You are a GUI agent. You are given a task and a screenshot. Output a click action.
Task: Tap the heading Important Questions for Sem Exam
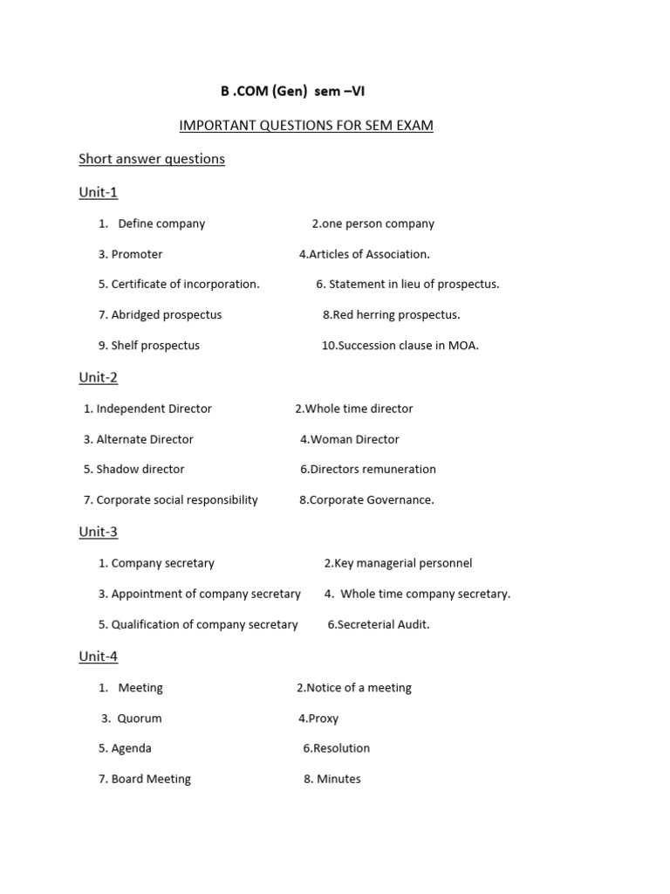click(x=306, y=126)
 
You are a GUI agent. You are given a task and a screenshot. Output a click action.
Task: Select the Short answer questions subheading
click(x=152, y=159)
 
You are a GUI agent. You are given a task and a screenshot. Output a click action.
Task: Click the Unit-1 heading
click(x=98, y=192)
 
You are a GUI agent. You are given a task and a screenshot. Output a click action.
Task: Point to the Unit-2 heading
click(x=98, y=377)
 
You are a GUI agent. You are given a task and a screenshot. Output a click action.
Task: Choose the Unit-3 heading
click(x=98, y=532)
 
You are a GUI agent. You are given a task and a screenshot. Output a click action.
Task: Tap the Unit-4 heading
click(x=98, y=656)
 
